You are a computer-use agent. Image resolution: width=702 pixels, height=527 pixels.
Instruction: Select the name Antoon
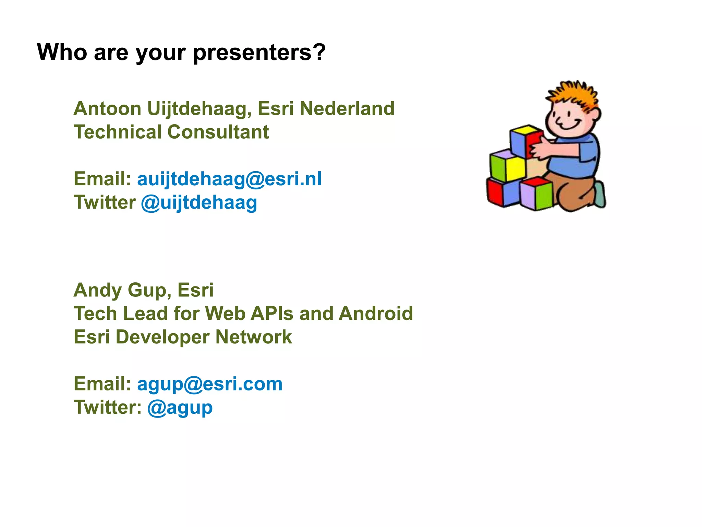[x=107, y=109]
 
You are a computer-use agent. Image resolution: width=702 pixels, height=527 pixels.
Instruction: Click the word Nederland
[x=347, y=109]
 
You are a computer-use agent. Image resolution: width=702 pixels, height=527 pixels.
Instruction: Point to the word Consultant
[x=218, y=132]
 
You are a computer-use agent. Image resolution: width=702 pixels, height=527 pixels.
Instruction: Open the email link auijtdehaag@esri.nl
[x=229, y=179]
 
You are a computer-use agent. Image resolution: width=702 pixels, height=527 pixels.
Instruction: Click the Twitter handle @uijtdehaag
[x=199, y=203]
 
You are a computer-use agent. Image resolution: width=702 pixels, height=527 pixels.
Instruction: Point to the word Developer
[x=162, y=337]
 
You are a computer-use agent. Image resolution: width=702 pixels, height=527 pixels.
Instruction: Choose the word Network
[x=254, y=337]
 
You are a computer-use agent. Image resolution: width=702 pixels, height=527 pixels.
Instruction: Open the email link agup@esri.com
[x=210, y=384]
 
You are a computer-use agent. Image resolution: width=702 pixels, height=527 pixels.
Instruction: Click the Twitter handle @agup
[x=180, y=408]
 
